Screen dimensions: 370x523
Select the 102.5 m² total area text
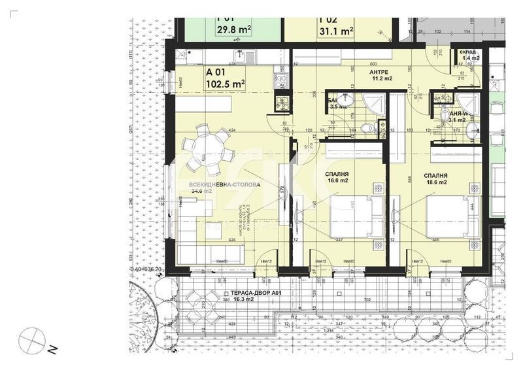[226, 84]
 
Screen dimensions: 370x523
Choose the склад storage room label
[467, 52]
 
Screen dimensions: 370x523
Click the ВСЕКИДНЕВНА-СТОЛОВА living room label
[224, 185]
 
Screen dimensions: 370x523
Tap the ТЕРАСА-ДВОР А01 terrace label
[256, 293]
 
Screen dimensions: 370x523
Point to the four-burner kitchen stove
[281, 80]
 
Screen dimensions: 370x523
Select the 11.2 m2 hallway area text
[382, 78]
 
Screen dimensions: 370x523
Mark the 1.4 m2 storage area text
[471, 59]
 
